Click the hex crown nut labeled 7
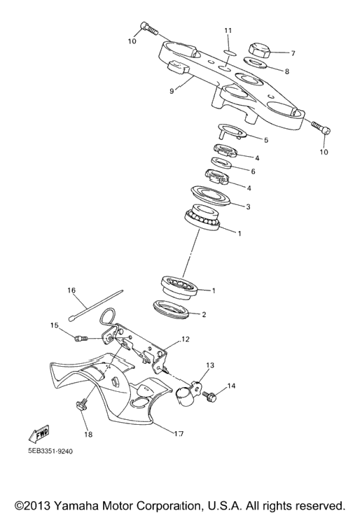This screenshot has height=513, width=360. point(260,50)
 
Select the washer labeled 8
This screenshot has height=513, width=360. point(255,63)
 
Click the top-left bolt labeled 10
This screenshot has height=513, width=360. point(149,29)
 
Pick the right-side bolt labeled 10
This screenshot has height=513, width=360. point(321,128)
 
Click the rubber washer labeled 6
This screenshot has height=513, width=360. point(222,162)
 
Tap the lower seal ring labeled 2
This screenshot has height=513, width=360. point(171,308)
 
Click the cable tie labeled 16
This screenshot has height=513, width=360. point(96,304)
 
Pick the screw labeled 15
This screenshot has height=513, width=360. point(81,338)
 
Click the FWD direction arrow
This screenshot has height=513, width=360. point(39,433)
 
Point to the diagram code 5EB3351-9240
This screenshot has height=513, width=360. point(50,451)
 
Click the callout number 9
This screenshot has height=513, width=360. point(172,90)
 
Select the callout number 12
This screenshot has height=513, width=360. point(185,339)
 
